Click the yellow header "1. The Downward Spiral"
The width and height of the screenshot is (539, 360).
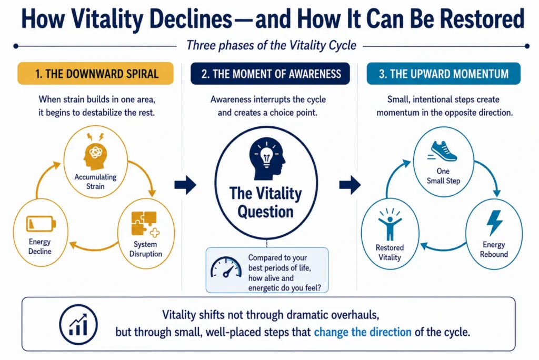coord(96,74)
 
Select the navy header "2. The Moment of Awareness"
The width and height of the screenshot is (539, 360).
coord(270,74)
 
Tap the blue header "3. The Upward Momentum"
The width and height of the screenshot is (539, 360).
coord(443,74)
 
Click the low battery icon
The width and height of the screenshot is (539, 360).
coord(41,224)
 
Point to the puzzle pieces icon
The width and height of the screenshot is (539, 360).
coord(145,224)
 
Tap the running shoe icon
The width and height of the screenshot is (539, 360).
coord(443,151)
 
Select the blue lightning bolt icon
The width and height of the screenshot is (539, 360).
coord(495,223)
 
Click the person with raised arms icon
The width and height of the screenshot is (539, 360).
coord(390,224)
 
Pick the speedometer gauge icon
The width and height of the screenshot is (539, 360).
coord(226,267)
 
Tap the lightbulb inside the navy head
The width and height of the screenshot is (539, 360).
coord(267,156)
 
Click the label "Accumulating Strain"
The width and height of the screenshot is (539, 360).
coord(96,182)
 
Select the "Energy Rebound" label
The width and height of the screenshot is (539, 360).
coord(494,249)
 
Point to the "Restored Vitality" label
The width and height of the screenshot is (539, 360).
coord(390,253)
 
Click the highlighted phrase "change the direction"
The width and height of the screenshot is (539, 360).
coord(363,332)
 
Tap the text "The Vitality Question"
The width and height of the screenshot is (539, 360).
coord(265,203)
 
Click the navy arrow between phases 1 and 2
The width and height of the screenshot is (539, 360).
coord(185,185)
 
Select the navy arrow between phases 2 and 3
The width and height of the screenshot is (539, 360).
coord(350,185)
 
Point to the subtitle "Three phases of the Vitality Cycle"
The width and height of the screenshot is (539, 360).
coord(271,45)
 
